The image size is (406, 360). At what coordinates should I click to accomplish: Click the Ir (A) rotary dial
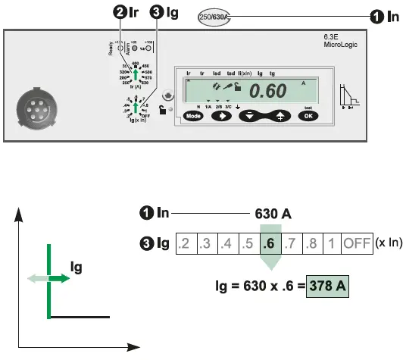136,74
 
